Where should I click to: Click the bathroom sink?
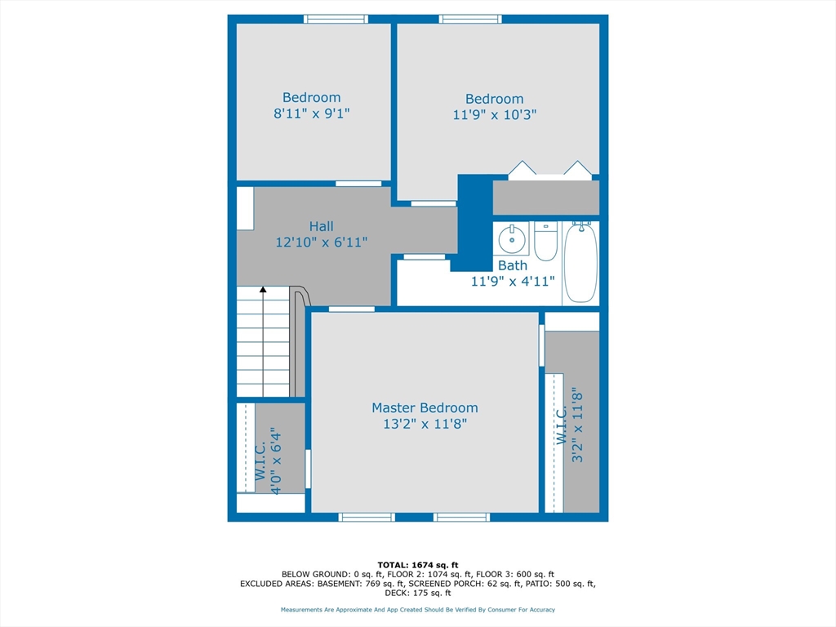[x=512, y=239]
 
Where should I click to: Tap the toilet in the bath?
[x=545, y=241]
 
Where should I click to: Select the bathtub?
[x=580, y=263]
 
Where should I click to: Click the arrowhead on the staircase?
[x=263, y=290]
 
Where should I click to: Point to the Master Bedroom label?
[x=425, y=408]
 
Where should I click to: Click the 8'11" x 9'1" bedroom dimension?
[x=312, y=113]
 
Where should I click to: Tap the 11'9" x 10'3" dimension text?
[x=495, y=114]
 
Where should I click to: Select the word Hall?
[x=322, y=226]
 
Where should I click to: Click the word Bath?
[x=513, y=265]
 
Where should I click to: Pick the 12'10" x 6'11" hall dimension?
[x=322, y=242]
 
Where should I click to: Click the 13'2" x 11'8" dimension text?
[x=425, y=424]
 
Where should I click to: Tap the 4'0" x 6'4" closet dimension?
[x=276, y=460]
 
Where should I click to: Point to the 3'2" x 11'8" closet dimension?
[x=577, y=428]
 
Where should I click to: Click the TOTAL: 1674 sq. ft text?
[x=418, y=565]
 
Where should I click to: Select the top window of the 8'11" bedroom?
[x=336, y=20]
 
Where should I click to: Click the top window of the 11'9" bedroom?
[x=470, y=20]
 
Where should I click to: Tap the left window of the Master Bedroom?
[x=367, y=517]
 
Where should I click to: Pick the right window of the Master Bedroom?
[x=462, y=517]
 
